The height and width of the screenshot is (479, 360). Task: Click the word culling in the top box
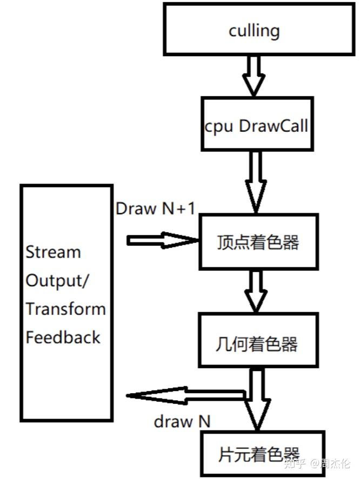(254, 31)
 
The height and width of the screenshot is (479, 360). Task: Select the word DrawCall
(274, 126)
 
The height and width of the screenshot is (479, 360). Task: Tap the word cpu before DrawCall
(219, 127)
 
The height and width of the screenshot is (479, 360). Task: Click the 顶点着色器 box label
(258, 242)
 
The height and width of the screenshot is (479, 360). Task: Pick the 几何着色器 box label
(256, 344)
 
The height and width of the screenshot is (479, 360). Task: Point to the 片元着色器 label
(259, 454)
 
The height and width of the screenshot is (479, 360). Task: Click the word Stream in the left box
(53, 252)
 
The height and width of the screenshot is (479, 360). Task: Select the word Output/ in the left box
(57, 280)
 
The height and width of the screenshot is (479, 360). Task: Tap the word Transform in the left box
(66, 309)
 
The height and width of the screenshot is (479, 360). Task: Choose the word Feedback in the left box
(63, 338)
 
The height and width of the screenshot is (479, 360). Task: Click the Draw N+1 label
(155, 209)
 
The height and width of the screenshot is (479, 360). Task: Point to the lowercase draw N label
(182, 422)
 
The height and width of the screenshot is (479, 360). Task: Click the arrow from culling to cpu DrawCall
(254, 76)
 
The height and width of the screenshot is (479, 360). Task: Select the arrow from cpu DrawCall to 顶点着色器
(256, 182)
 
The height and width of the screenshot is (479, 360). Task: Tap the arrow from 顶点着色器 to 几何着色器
(256, 291)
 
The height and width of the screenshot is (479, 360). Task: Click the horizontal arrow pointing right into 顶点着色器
(163, 240)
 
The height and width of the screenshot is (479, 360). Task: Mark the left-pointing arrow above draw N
(186, 396)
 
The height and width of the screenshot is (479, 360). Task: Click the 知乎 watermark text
(295, 463)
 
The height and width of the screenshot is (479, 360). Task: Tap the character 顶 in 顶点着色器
(225, 242)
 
